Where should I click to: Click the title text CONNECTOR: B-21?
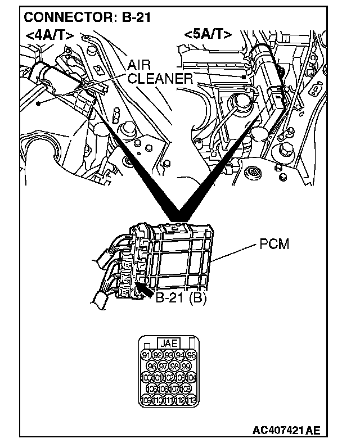point(87,17)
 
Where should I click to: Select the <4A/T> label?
point(49,35)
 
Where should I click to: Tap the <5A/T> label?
point(208,34)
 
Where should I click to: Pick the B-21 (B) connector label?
point(181,299)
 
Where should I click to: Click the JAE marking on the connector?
point(169,343)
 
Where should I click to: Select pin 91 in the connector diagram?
point(145,355)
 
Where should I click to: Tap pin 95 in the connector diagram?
point(191,355)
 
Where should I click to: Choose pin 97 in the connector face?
point(163,366)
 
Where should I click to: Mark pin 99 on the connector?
point(186,366)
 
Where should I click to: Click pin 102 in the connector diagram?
point(168,377)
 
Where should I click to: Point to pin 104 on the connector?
point(191,377)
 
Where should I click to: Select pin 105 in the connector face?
point(151,388)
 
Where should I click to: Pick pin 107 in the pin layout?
point(174,388)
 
